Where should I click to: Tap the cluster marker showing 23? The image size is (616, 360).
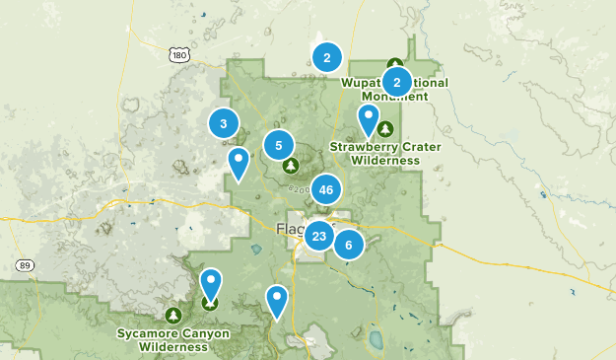[x=318, y=236]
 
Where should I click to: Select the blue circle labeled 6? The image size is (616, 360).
[x=349, y=244]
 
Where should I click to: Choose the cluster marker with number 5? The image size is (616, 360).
[x=279, y=146]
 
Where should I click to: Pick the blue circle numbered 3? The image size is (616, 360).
[x=224, y=123]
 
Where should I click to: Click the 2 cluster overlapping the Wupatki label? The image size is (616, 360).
[x=396, y=81]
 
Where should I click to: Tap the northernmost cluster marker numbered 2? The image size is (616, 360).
[x=326, y=57]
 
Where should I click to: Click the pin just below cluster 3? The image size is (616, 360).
[x=238, y=163]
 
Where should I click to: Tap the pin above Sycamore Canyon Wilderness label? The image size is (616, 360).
[x=210, y=285]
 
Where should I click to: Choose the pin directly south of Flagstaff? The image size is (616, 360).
[x=278, y=300]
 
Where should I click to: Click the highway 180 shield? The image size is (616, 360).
[x=178, y=56]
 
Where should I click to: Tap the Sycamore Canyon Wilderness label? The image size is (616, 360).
[x=173, y=339]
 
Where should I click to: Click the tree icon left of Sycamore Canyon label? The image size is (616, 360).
[x=173, y=315]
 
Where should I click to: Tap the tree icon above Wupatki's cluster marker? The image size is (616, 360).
[x=395, y=62]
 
